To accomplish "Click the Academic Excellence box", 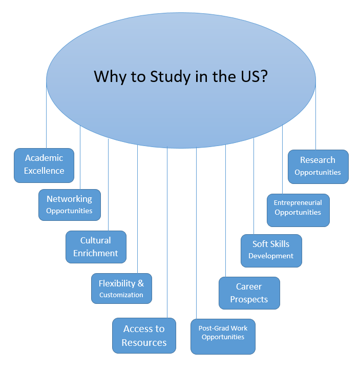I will coord(44,165).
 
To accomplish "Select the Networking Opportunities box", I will coord(69,204).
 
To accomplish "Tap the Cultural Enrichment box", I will coord(96,246).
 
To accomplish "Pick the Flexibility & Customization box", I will coord(121,288).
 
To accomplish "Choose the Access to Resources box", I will coord(144,336).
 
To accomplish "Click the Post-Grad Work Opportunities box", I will coord(223,336).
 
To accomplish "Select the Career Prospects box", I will coord(249,293).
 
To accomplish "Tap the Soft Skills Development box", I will coord(271,251).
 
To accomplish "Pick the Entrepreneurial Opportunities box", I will coord(298,210).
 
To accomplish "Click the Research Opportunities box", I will coord(317,167).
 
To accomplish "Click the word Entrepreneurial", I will coord(298,203).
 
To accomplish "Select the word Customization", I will coord(121,295).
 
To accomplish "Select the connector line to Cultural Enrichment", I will coord(109,184).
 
